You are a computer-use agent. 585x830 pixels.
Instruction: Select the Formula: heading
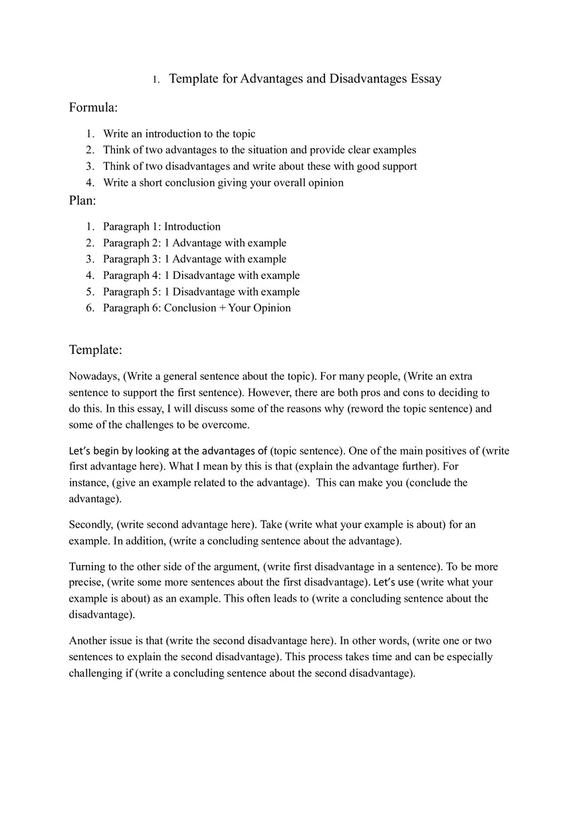click(93, 107)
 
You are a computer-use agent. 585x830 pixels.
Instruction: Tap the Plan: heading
click(82, 200)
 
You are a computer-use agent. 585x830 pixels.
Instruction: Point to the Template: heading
click(95, 350)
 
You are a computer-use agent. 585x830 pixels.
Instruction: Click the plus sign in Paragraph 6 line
click(222, 308)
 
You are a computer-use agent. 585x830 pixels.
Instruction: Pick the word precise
click(86, 583)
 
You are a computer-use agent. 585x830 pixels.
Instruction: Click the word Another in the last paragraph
click(88, 641)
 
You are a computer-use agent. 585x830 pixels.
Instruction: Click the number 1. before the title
click(156, 80)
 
